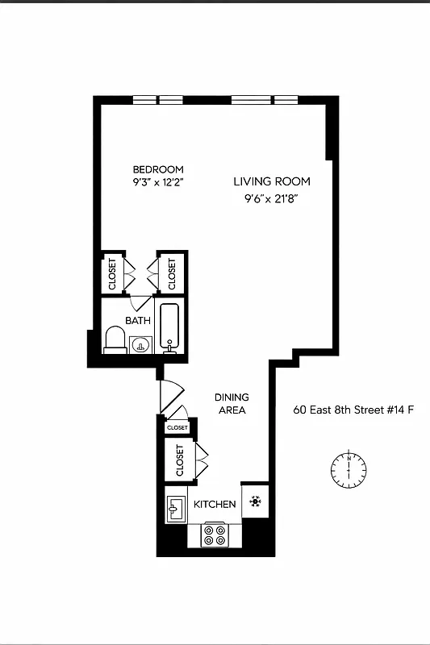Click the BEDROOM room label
click(158, 169)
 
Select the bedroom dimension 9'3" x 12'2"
click(158, 182)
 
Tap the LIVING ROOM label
click(272, 181)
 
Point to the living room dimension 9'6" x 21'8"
click(272, 198)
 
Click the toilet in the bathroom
click(115, 340)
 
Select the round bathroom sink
click(141, 346)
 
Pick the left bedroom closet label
click(112, 273)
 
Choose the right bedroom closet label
click(171, 273)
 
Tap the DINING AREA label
click(231, 404)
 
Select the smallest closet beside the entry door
click(177, 427)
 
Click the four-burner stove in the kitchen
click(214, 535)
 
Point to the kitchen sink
click(176, 508)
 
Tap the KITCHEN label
click(215, 505)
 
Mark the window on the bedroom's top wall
click(158, 101)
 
